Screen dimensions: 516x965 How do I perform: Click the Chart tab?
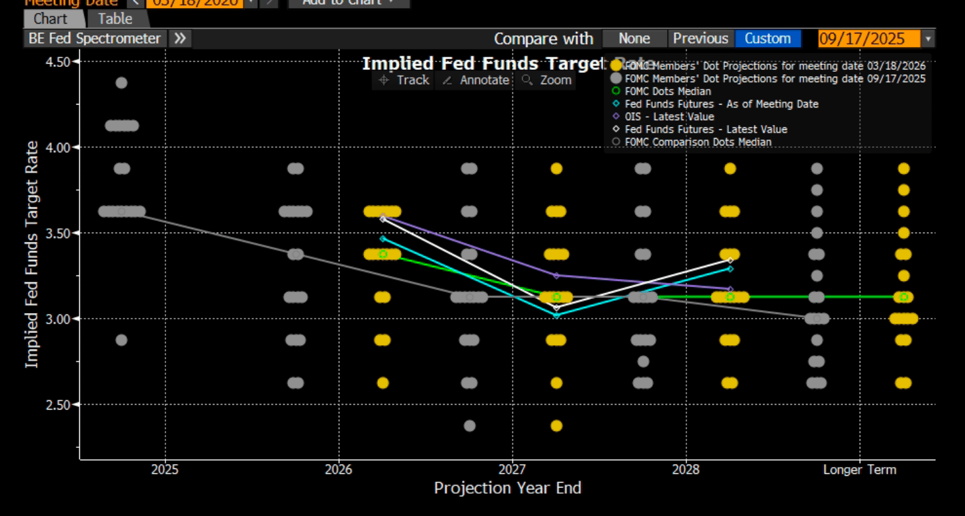click(x=50, y=19)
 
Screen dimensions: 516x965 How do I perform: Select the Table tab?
click(x=115, y=19)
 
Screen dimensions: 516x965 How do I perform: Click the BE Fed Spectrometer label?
click(x=94, y=38)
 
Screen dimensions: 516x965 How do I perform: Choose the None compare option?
click(x=634, y=38)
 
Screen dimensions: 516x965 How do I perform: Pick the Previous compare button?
click(x=701, y=38)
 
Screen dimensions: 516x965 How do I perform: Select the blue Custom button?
click(x=767, y=38)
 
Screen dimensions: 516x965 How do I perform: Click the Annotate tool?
click(x=476, y=80)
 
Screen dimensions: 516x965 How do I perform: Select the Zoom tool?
click(x=547, y=80)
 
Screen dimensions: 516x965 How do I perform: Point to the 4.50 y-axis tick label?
click(x=58, y=62)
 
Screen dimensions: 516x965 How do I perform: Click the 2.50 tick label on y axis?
click(x=58, y=405)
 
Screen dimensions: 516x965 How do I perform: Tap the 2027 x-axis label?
click(x=512, y=470)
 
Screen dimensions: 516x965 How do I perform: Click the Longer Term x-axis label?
click(x=859, y=470)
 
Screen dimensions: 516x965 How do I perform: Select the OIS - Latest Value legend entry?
click(x=669, y=116)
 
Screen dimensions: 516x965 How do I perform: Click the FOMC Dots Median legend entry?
click(x=668, y=91)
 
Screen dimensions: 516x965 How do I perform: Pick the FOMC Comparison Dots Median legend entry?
click(x=697, y=142)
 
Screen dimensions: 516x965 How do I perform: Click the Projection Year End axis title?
click(x=507, y=488)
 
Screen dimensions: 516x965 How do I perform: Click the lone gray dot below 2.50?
click(x=469, y=426)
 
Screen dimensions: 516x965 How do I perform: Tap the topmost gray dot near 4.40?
click(x=121, y=83)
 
